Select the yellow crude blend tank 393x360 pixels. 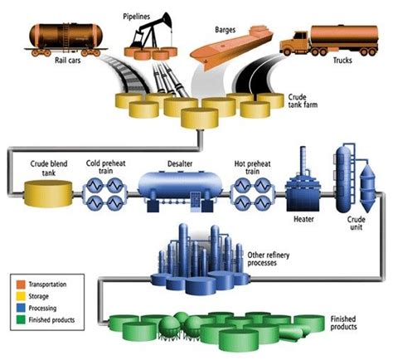click(x=47, y=193)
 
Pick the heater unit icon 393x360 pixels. click(x=301, y=192)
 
